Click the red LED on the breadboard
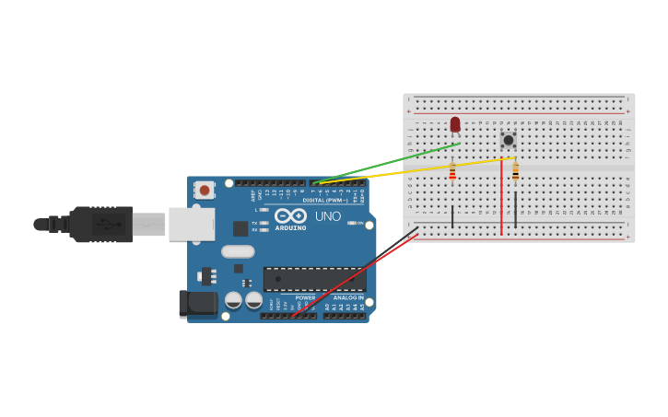pyautogui.click(x=455, y=124)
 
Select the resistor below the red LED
pyautogui.click(x=452, y=171)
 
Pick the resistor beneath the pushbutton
pyautogui.click(x=515, y=171)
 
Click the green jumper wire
pyautogui.click(x=387, y=162)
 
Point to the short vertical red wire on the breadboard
pyautogui.click(x=501, y=198)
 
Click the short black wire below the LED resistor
pyautogui.click(x=452, y=216)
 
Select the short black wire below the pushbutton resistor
pyautogui.click(x=515, y=210)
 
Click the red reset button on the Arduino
pyautogui.click(x=204, y=191)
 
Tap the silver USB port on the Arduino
pyautogui.click(x=191, y=224)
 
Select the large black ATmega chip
pyautogui.click(x=314, y=279)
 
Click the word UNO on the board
pyautogui.click(x=329, y=217)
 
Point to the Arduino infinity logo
pyautogui.click(x=289, y=215)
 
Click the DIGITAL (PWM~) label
pyautogui.click(x=325, y=200)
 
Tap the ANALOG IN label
pyautogui.click(x=347, y=297)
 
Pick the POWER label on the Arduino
pyautogui.click(x=305, y=297)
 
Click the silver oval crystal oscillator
pyautogui.click(x=238, y=251)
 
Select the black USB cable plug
pyautogui.click(x=101, y=224)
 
